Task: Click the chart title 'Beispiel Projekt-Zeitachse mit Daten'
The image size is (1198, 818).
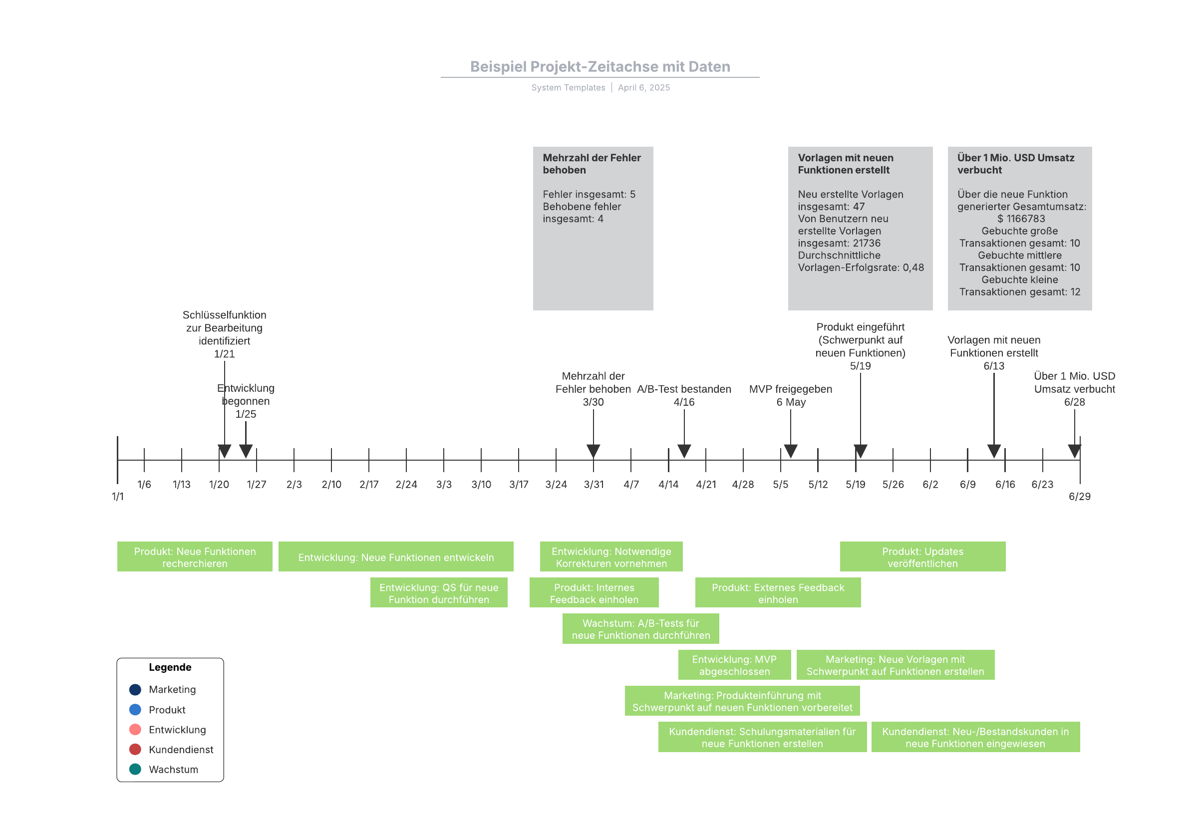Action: pyautogui.click(x=600, y=66)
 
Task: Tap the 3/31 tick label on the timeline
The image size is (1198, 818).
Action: pyautogui.click(x=594, y=485)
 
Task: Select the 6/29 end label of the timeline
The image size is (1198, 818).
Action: pyautogui.click(x=1079, y=497)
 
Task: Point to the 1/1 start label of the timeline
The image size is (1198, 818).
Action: pyautogui.click(x=117, y=497)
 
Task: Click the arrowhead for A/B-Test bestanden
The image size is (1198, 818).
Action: pyautogui.click(x=684, y=451)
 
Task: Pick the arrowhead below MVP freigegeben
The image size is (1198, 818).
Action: pyautogui.click(x=791, y=451)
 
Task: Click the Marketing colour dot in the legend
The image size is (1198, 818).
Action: pyautogui.click(x=135, y=690)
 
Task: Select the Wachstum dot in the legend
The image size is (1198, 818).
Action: pyautogui.click(x=135, y=769)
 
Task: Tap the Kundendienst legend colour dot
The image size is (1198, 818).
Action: pyautogui.click(x=135, y=749)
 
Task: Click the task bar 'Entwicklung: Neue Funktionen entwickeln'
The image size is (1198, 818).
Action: pyautogui.click(x=396, y=556)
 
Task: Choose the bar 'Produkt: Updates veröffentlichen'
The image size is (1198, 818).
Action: pyautogui.click(x=923, y=556)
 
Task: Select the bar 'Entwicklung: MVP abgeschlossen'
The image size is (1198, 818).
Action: pyautogui.click(x=735, y=665)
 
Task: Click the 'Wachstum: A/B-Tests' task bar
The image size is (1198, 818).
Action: pyautogui.click(x=641, y=629)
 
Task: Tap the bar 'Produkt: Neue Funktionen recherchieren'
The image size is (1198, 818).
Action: pyautogui.click(x=195, y=556)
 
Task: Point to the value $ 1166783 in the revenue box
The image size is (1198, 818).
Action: pyautogui.click(x=1021, y=219)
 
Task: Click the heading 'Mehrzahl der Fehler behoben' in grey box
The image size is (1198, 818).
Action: pyautogui.click(x=592, y=164)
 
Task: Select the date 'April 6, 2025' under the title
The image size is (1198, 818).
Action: pyautogui.click(x=644, y=88)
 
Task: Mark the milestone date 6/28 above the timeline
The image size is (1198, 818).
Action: pyautogui.click(x=1074, y=402)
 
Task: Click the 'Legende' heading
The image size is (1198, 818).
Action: pyautogui.click(x=170, y=667)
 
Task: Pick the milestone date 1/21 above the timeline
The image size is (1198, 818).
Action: pyautogui.click(x=224, y=354)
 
